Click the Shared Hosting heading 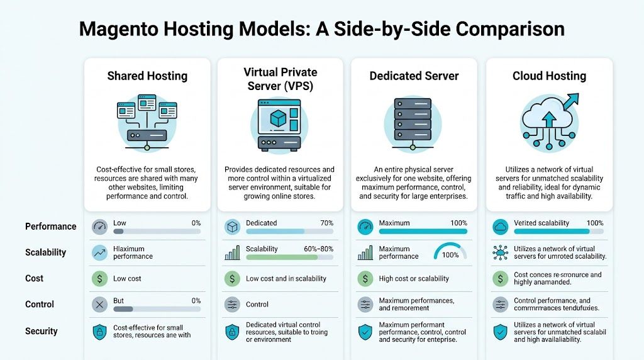[x=147, y=76]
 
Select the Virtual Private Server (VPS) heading [x=280, y=79]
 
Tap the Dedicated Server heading [x=414, y=76]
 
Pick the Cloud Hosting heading [x=549, y=76]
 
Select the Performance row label [x=51, y=227]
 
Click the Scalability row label [x=45, y=252]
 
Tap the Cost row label [x=35, y=278]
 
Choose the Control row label [x=39, y=305]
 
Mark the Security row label [x=41, y=331]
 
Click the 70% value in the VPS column [x=327, y=223]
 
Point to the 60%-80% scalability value [x=319, y=249]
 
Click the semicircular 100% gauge [x=450, y=252]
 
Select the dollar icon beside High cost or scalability [x=365, y=278]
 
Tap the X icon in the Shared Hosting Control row [x=99, y=305]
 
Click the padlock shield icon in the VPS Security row [x=232, y=331]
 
